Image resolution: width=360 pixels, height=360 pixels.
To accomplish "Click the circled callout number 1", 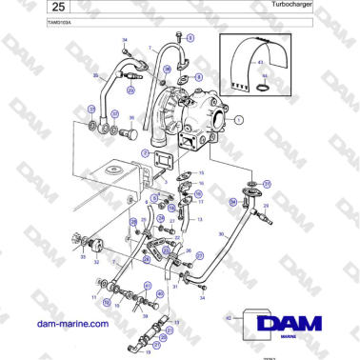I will pos(239,120).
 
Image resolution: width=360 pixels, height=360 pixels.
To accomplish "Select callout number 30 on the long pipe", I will pos(221,234).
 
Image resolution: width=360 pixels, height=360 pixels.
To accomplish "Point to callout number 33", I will pos(83,256).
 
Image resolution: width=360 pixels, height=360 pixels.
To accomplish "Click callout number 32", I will pos(96,262).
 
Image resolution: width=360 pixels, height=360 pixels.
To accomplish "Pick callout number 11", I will pos(94,298).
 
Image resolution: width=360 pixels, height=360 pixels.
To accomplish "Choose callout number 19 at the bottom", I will pos(149,351).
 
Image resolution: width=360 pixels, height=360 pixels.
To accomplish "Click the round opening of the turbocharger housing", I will pos(221,120).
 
